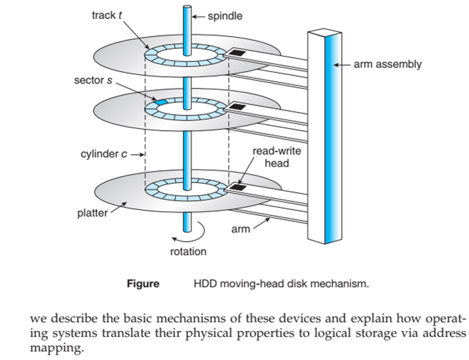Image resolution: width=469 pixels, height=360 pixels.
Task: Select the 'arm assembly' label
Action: pyautogui.click(x=388, y=65)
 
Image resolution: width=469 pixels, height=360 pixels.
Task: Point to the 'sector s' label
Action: pyautogui.click(x=93, y=80)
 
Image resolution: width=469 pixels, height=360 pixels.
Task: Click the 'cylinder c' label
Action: pyautogui.click(x=103, y=154)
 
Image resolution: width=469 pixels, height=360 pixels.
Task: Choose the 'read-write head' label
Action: pyautogui.click(x=277, y=157)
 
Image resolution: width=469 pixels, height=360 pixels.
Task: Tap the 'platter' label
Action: pyautogui.click(x=92, y=213)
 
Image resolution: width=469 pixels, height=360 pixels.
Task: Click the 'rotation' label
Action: pyautogui.click(x=188, y=251)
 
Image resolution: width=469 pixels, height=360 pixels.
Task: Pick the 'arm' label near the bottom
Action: pyautogui.click(x=241, y=229)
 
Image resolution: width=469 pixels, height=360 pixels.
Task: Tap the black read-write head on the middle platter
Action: pyautogui.click(x=237, y=107)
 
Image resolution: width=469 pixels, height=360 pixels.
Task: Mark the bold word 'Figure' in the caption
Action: pyautogui.click(x=143, y=284)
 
